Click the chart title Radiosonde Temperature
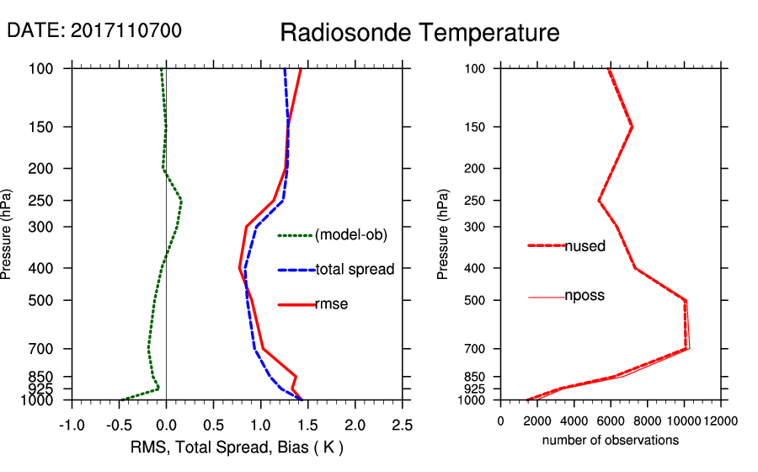[x=419, y=33]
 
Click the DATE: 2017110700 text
[x=93, y=30]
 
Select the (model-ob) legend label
[x=350, y=235]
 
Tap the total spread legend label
[x=355, y=270]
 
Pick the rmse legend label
[x=331, y=304]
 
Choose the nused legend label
[x=585, y=246]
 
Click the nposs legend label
[x=585, y=296]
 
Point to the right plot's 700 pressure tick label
[x=477, y=348]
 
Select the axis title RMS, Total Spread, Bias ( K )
[x=238, y=447]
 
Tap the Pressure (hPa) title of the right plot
[x=443, y=234]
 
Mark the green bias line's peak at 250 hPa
[x=181, y=201]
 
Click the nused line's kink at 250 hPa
[x=599, y=201]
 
